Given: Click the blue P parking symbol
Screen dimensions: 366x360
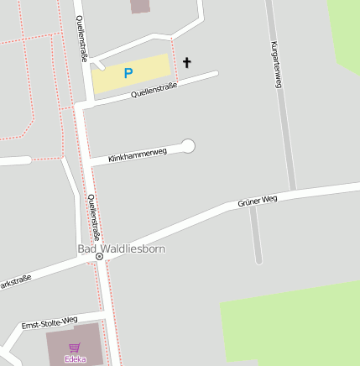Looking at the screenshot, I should pos(128,74).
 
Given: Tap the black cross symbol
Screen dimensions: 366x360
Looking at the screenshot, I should pos(186,62).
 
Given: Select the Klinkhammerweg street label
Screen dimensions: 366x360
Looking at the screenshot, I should pos(138,154).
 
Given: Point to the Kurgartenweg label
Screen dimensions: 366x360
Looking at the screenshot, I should pos(275,65).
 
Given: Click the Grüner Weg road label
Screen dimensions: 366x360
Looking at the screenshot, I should pos(258,201).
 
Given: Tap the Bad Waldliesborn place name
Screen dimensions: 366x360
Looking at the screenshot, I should pos(121,248).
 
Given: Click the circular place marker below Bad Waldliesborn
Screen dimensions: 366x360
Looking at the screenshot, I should pos(99,257).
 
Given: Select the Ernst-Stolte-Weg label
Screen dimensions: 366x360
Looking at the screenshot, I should pos(50,322).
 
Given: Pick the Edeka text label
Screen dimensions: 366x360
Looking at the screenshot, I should pos(75,359).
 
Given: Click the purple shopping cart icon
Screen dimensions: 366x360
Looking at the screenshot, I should pos(75,347).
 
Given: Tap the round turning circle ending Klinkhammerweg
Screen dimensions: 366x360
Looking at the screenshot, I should pos(188,146).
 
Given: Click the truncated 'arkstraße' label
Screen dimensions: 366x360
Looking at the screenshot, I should pos(15,281).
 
